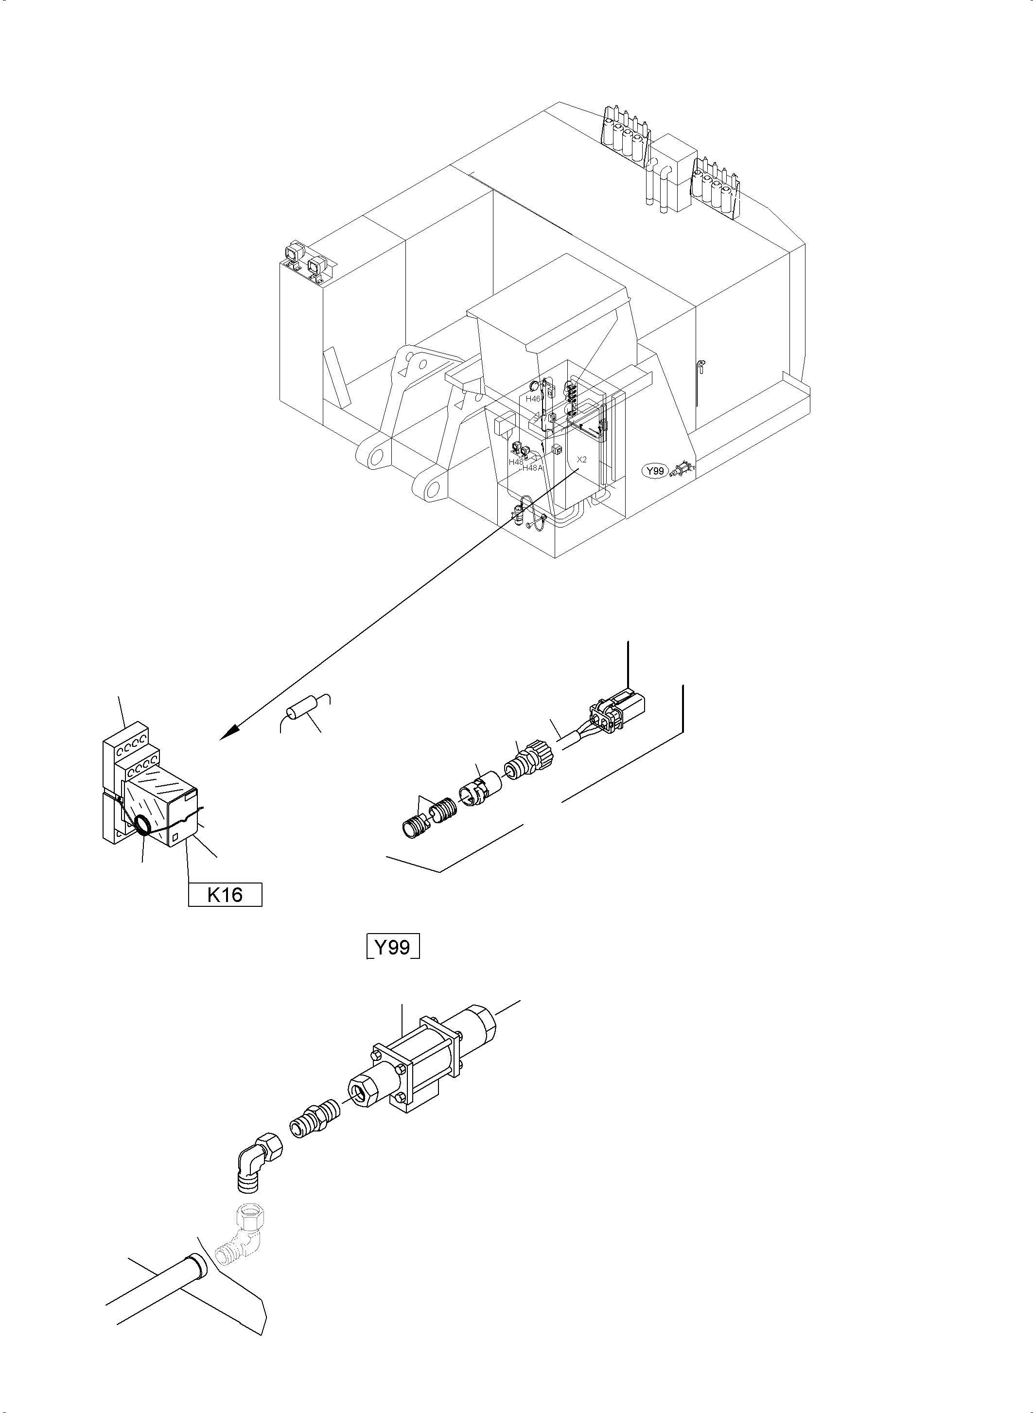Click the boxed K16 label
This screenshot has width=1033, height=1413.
[225, 895]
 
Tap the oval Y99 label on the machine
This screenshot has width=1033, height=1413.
[655, 470]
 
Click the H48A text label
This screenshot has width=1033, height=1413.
[533, 467]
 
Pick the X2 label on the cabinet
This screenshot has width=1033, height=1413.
[581, 459]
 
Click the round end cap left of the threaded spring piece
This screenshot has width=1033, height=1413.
[410, 830]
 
